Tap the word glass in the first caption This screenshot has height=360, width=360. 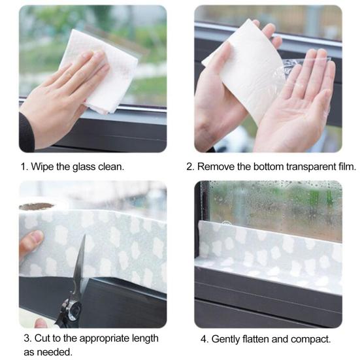(x=84, y=167)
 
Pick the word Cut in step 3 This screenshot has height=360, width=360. (x=42, y=338)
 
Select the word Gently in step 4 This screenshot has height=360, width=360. (x=225, y=339)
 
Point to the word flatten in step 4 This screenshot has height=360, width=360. (x=255, y=339)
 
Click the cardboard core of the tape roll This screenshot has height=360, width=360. (x=37, y=206)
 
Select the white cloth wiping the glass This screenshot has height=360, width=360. (x=101, y=71)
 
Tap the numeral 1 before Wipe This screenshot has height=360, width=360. (x=24, y=167)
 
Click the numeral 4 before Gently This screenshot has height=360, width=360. (x=204, y=339)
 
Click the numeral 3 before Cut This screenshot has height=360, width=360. (x=27, y=338)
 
